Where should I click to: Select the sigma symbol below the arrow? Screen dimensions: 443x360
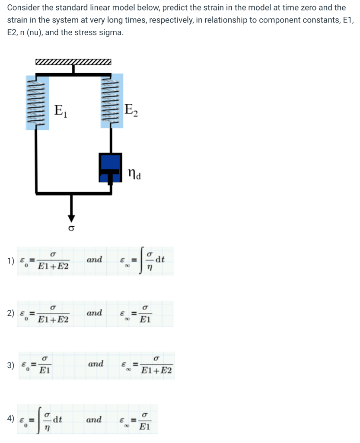(x=72, y=228)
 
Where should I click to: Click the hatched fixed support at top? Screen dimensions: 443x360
(x=73, y=62)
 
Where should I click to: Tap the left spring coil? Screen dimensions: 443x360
(x=37, y=101)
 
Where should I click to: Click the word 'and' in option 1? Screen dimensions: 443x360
(x=94, y=260)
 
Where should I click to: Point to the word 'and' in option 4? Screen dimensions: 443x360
(x=94, y=419)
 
